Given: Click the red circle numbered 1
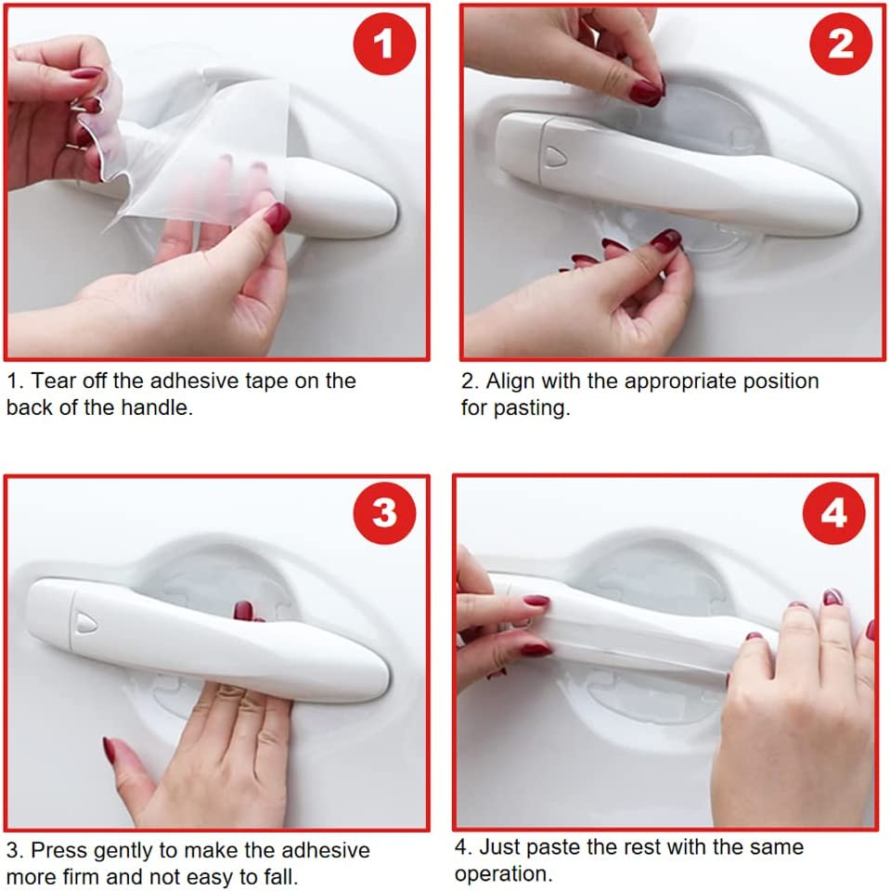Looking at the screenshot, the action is [x=384, y=44].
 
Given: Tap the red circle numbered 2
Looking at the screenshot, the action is [x=841, y=44].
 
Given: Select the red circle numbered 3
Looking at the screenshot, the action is [x=384, y=512].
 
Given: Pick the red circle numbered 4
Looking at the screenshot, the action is [x=833, y=513].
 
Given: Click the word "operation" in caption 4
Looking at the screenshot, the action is [x=501, y=874].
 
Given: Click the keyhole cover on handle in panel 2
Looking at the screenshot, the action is [x=555, y=156].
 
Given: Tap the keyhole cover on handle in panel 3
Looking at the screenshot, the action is [x=85, y=622].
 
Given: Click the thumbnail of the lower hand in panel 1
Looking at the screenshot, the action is [x=277, y=218].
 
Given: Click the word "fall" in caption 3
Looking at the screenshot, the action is [x=279, y=877].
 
